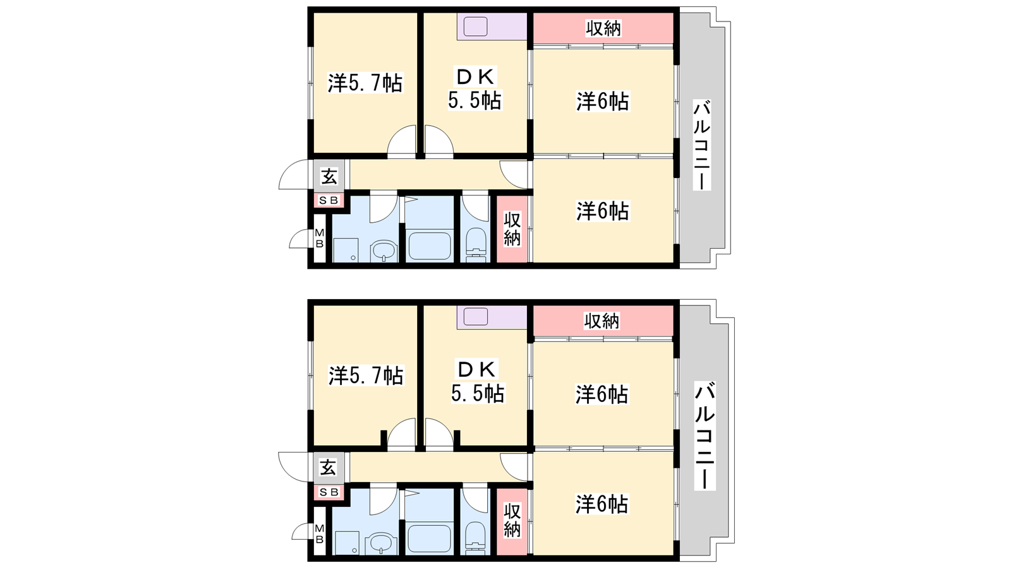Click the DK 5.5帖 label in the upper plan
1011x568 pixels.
(x=475, y=89)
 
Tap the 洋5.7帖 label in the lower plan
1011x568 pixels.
(x=366, y=376)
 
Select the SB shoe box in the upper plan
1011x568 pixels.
(x=329, y=201)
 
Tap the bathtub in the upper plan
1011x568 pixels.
(x=429, y=246)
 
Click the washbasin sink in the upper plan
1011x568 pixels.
(x=384, y=251)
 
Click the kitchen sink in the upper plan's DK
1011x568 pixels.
(x=476, y=26)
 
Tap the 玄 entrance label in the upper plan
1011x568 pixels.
(x=329, y=176)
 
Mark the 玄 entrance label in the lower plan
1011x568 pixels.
(x=328, y=468)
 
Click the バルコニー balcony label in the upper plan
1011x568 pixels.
(x=702, y=145)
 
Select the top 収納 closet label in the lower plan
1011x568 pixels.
(x=602, y=321)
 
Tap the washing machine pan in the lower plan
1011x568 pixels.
(x=347, y=542)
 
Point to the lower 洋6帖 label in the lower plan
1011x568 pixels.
(x=602, y=504)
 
